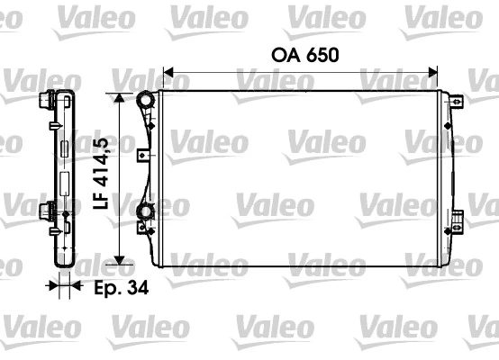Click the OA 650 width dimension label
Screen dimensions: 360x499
[304, 56]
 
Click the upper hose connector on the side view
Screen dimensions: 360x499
[45, 102]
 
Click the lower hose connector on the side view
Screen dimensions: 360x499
[45, 212]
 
